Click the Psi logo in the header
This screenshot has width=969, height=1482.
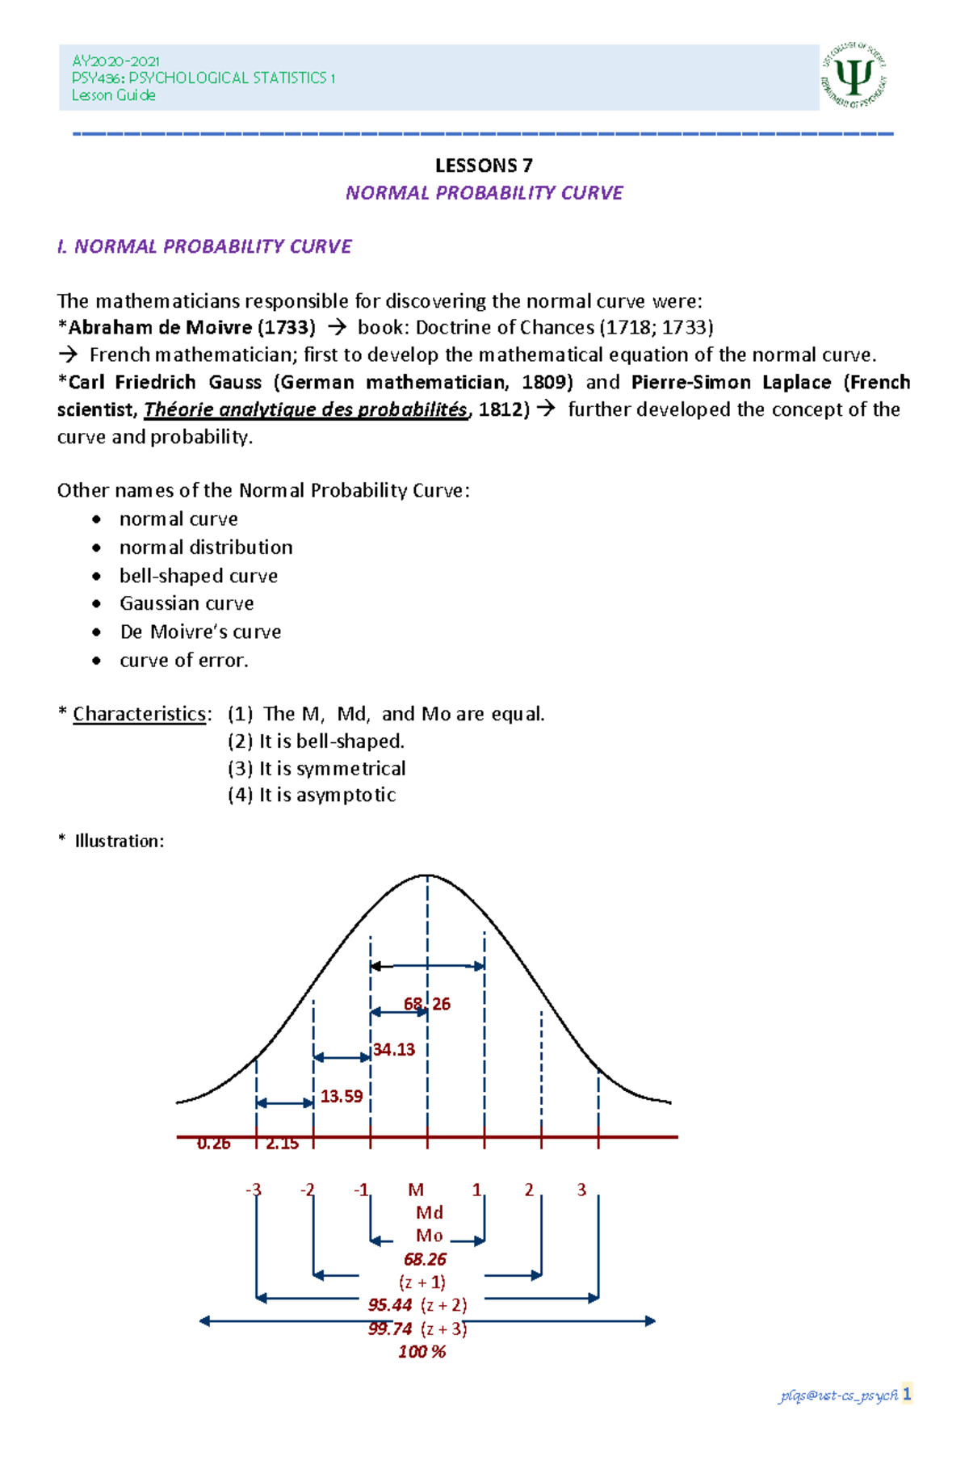pos(854,77)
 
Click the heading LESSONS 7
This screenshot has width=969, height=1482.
pos(484,166)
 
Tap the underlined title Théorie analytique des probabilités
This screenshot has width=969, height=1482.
pos(305,409)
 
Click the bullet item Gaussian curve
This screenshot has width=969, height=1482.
pos(187,603)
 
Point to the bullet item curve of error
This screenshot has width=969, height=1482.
pos(183,660)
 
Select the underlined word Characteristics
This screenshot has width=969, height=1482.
pos(140,714)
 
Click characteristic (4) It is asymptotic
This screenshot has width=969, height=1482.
pos(312,795)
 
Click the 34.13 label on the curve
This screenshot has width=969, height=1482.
pos(394,1049)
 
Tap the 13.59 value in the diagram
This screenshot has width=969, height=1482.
pos(342,1096)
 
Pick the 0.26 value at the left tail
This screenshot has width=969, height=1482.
pos(213,1144)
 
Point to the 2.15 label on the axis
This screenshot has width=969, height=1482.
pos(282,1144)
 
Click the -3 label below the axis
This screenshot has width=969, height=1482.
pos(254,1190)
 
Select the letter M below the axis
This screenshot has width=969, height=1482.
pos(416,1190)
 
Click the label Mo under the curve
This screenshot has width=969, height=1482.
pos(429,1236)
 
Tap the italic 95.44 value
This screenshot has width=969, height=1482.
pos(390,1305)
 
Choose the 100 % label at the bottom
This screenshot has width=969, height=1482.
pos(422,1352)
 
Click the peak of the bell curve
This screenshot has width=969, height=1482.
pos(427,875)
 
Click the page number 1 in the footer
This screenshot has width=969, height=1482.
pos(907,1394)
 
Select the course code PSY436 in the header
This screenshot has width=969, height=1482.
pos(97,78)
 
